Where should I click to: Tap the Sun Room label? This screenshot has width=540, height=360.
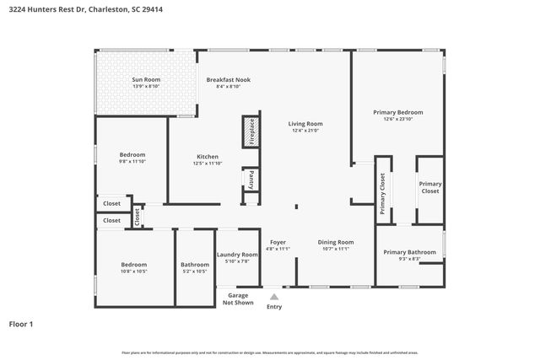point(146,80)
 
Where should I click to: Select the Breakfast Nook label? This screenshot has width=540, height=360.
point(228,80)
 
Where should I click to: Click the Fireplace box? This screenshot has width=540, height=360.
point(251,132)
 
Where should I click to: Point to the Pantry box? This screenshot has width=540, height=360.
point(251,180)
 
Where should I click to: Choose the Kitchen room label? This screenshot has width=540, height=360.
point(208,157)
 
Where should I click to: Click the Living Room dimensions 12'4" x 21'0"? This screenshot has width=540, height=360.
point(307,131)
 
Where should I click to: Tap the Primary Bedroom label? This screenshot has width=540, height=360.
point(398,112)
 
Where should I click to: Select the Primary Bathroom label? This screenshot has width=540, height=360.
point(409,252)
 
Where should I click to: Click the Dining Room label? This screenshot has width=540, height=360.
point(335,243)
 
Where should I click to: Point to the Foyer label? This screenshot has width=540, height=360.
point(278,243)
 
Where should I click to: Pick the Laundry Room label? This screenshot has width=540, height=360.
point(237,255)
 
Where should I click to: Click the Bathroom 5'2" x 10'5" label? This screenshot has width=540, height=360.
point(195,265)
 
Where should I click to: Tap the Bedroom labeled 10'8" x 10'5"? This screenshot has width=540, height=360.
point(133,265)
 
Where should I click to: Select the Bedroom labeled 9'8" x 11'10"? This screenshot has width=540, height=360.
point(132,155)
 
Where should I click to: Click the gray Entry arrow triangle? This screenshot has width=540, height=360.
point(273,296)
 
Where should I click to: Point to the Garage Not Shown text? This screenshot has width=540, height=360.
point(237,299)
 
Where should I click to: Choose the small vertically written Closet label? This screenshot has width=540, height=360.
point(138,217)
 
